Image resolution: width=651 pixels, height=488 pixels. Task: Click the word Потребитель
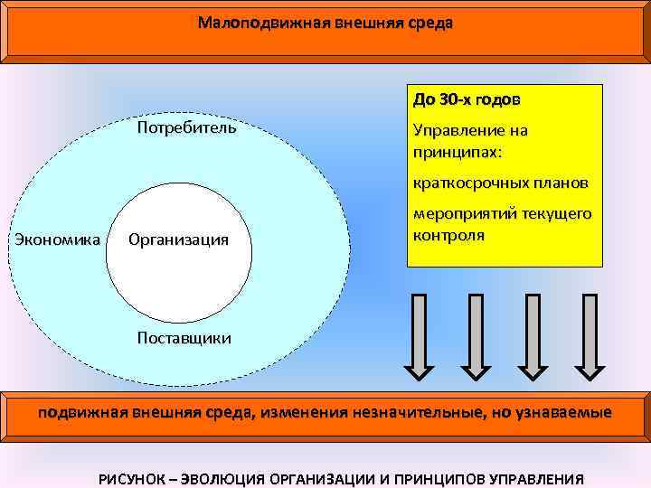coord(186,127)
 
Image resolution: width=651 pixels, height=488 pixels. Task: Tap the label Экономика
coord(56,239)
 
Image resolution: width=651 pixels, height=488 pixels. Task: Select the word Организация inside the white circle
coord(178,240)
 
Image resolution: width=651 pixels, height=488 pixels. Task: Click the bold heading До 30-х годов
coord(467,98)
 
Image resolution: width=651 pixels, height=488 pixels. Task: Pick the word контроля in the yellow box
coord(448,235)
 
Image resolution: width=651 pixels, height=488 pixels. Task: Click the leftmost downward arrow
coord(418,334)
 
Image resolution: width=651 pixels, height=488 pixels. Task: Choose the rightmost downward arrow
coord(590,334)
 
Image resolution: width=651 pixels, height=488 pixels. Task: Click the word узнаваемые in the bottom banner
coord(562,413)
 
